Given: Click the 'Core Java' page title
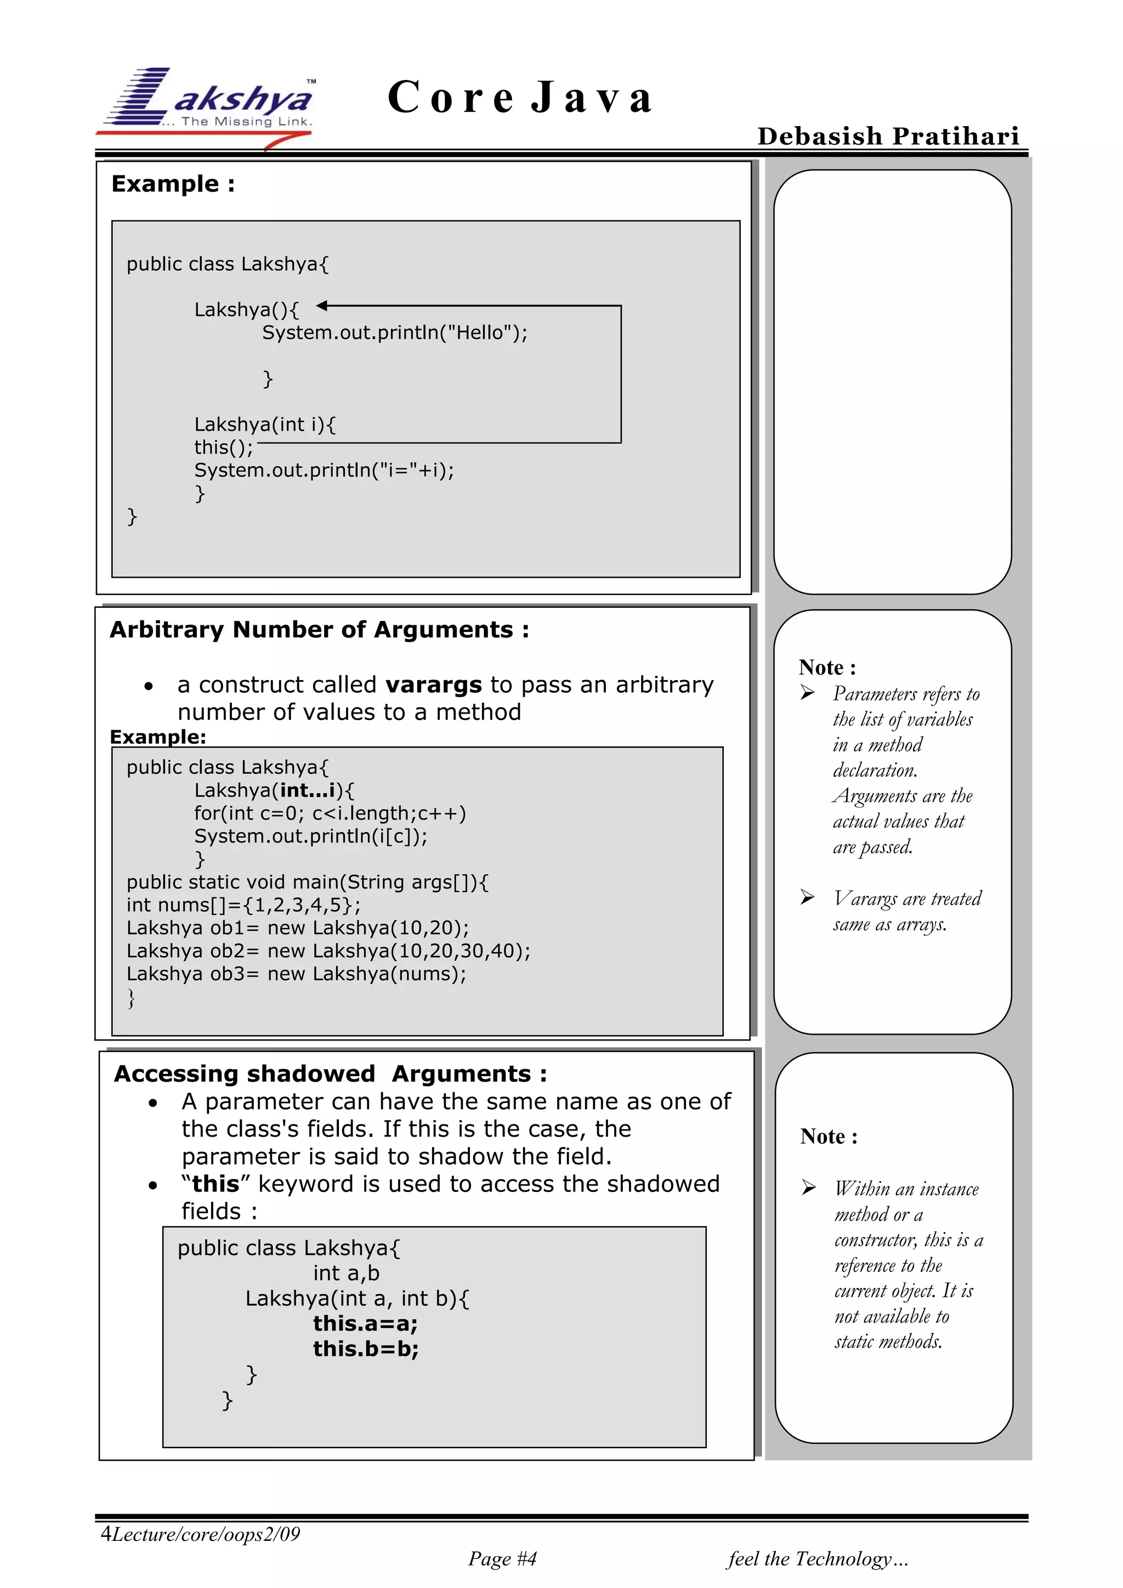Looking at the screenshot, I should (x=520, y=97).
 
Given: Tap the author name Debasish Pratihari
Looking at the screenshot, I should (x=888, y=136).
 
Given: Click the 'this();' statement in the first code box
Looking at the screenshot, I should (x=223, y=448).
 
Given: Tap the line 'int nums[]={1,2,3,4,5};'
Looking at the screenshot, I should (x=243, y=905).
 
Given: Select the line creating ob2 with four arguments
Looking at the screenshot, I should (x=328, y=951).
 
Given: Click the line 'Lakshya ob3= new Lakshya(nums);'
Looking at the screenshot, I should (x=296, y=974).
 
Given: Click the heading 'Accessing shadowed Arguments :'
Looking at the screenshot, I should (x=331, y=1073).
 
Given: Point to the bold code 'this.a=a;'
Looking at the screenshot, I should (x=365, y=1324).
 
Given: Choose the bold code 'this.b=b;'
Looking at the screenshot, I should (x=366, y=1349).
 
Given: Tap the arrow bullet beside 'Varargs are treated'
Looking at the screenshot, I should (x=808, y=897).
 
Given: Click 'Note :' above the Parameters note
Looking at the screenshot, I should (x=827, y=668).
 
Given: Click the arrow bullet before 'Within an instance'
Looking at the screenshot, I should (x=809, y=1188).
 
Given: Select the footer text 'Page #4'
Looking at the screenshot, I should (x=502, y=1558).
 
